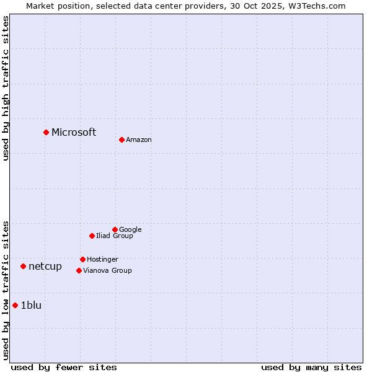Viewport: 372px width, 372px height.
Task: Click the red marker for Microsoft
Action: [46, 132]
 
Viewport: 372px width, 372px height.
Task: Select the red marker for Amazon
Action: [122, 139]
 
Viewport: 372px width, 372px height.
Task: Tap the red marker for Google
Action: [115, 229]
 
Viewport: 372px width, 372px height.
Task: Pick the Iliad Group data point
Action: [92, 236]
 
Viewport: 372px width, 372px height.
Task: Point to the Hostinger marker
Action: [82, 259]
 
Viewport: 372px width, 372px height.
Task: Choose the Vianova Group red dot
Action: [79, 270]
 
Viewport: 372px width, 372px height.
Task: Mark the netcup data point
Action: [23, 266]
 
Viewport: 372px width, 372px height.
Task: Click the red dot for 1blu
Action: [15, 305]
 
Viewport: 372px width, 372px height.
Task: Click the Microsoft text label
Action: [74, 132]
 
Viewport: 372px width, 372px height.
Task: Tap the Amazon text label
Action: [139, 140]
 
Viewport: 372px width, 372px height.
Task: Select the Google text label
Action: [130, 230]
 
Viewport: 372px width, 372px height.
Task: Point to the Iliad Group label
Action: [115, 236]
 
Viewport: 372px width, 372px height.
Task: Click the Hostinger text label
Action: [102, 260]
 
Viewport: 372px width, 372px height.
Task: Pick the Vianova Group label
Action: [107, 271]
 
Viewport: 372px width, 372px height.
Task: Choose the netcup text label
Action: [45, 267]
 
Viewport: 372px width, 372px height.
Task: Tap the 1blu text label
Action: [31, 305]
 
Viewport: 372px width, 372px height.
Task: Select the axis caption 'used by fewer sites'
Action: [64, 367]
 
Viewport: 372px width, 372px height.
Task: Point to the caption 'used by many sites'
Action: [311, 367]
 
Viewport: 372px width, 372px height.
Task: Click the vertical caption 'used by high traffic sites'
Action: [6, 88]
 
